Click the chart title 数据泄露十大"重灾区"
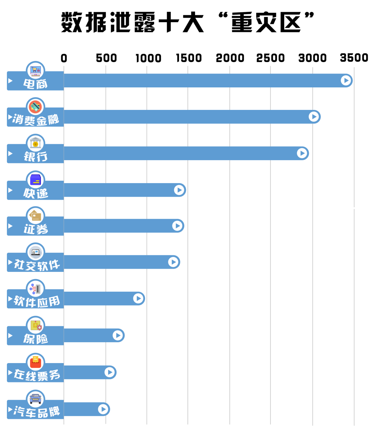click(187, 22)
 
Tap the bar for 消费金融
click(187, 117)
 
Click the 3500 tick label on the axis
click(354, 58)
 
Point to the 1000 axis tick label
click(148, 58)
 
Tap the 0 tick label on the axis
click(64, 58)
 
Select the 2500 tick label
click(270, 58)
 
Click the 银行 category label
click(36, 156)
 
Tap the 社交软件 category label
click(37, 265)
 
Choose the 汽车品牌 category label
click(37, 412)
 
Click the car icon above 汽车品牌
click(36, 398)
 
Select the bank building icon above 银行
click(36, 143)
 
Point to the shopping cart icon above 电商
click(36, 70)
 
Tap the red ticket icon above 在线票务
click(36, 362)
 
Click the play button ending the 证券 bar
click(177, 226)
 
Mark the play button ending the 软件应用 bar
click(138, 299)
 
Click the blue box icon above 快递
click(36, 180)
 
